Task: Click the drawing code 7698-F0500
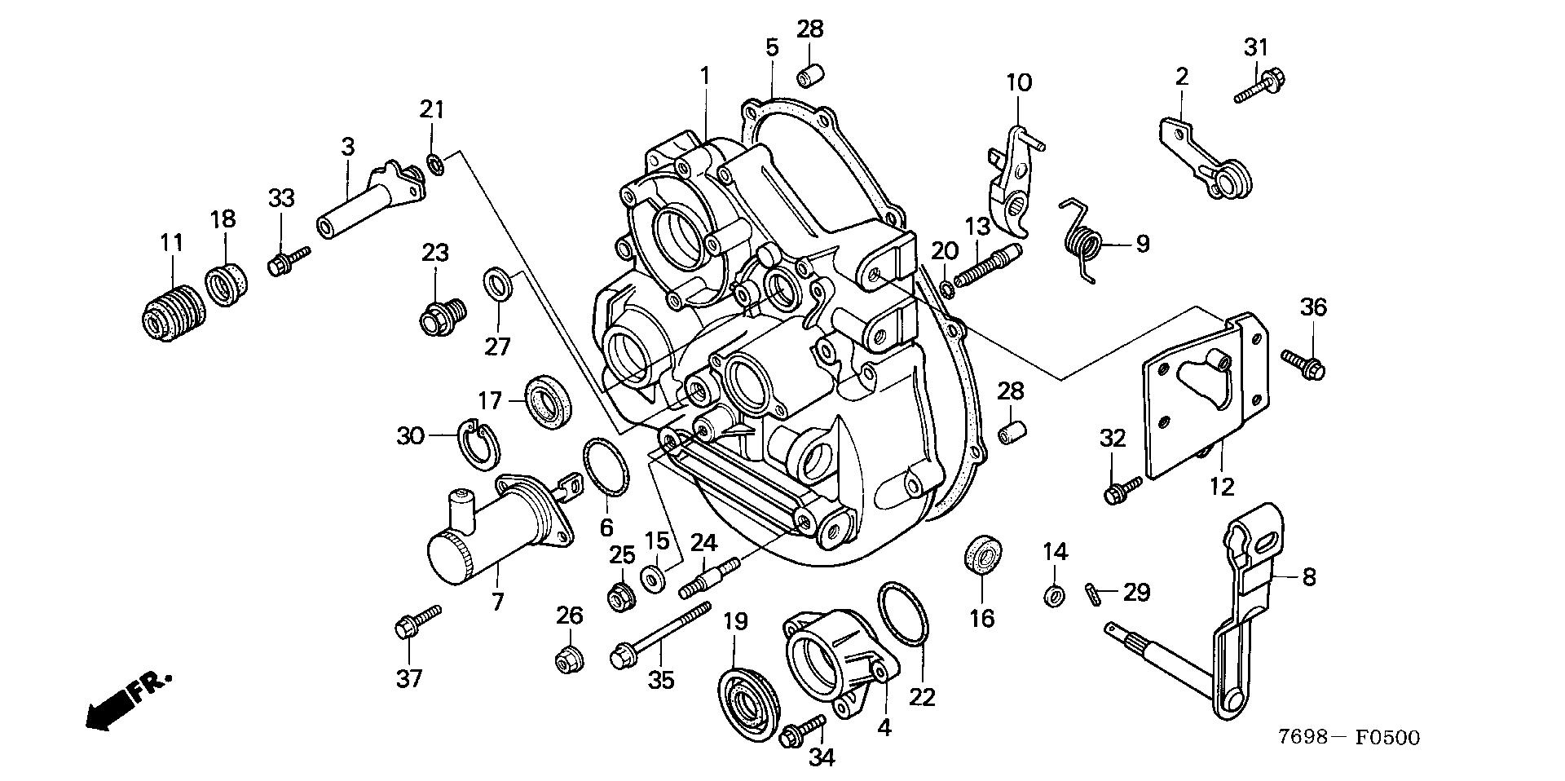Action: point(1348,738)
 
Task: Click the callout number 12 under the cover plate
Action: point(1222,487)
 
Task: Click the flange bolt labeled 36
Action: point(1304,364)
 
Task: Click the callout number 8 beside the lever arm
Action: point(1308,577)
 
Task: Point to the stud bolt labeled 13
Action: point(985,268)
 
